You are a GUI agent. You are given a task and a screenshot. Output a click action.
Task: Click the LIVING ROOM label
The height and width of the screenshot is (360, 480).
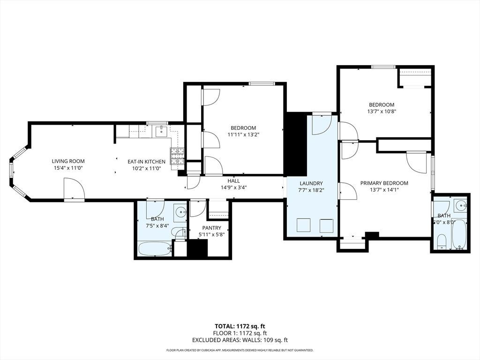68,161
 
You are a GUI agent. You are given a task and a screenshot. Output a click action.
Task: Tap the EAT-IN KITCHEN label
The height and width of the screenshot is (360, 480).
147,162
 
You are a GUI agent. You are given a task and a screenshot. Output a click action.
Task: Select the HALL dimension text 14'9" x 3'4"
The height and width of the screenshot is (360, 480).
233,187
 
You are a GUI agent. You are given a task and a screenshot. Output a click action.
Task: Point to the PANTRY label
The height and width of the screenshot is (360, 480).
212,228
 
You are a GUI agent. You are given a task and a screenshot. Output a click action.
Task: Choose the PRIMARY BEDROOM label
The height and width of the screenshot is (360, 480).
384,183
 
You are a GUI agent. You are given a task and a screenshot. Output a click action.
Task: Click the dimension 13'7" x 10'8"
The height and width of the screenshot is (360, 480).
381,112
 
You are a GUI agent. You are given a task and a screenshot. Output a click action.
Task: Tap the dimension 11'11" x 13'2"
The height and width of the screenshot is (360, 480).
243,135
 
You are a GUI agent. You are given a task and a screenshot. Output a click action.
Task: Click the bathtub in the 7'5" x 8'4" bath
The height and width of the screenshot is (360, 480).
154,248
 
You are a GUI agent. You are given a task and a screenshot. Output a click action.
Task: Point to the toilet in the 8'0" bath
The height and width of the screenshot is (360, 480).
441,242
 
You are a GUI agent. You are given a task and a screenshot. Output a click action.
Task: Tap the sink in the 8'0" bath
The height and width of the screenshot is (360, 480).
461,205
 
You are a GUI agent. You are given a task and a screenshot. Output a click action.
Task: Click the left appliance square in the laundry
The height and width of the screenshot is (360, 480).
303,225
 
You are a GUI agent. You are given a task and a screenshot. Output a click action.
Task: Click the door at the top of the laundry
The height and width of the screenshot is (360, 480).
322,124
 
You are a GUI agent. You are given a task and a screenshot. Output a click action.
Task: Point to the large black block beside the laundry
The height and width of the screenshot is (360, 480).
296,143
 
